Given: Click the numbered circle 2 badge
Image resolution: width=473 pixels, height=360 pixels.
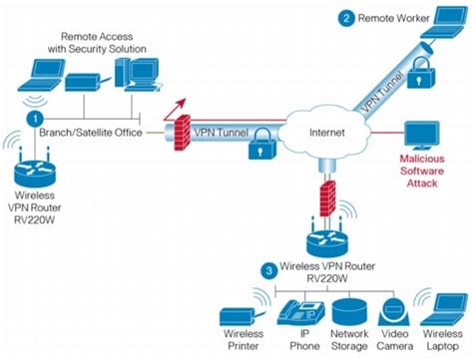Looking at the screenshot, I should tap(346, 16).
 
